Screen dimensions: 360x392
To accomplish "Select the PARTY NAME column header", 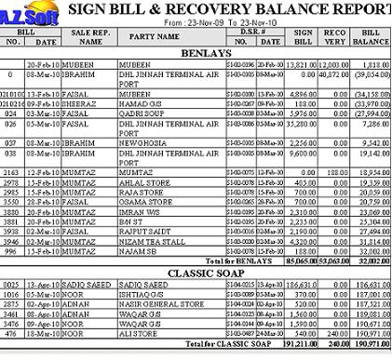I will pyautogui.click(x=154, y=37).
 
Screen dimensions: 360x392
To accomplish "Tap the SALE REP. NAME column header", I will pyautogui.click(x=90, y=37).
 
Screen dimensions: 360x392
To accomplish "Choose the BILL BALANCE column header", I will pyautogui.click(x=372, y=37).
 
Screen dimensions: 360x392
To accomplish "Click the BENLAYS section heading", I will pyautogui.click(x=206, y=53).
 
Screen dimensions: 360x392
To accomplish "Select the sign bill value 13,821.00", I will pyautogui.click(x=303, y=64).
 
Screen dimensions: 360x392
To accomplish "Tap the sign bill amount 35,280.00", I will pyautogui.click(x=303, y=122).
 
